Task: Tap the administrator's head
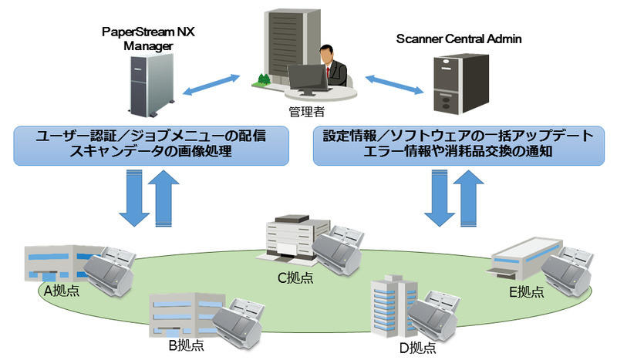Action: tap(328, 55)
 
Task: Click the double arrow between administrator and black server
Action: tap(396, 83)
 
